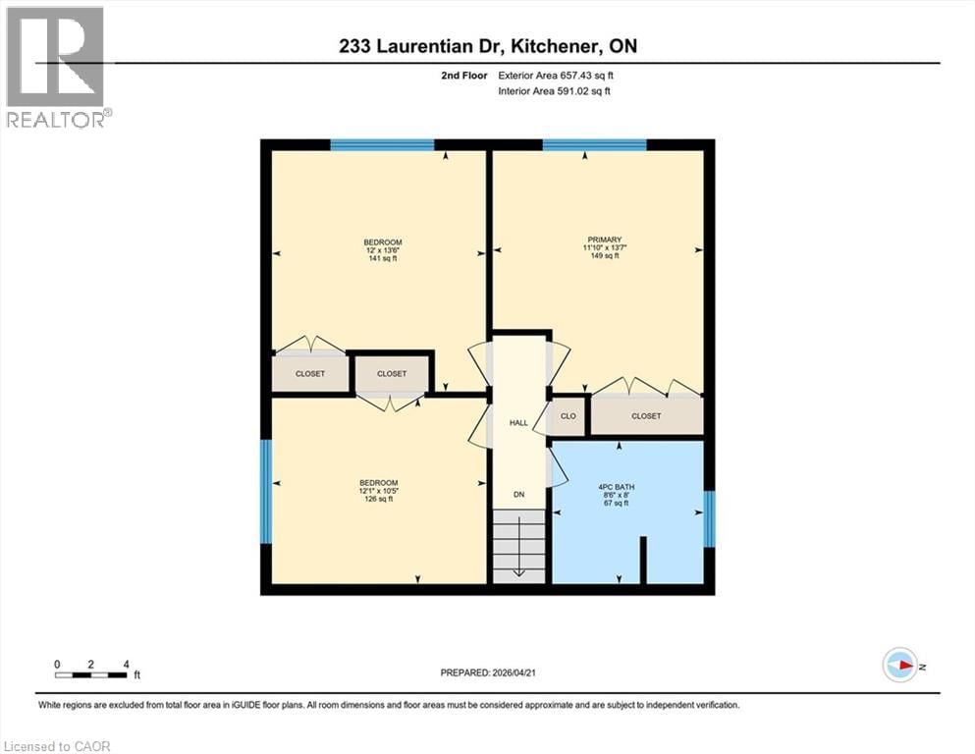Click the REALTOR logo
(x=56, y=67)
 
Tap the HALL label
(x=518, y=423)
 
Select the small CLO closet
(x=568, y=416)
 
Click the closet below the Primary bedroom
(x=646, y=416)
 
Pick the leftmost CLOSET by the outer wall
(x=310, y=373)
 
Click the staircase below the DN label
(x=517, y=546)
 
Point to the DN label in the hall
(x=519, y=495)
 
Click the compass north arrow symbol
(x=899, y=665)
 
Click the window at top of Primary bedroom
(x=594, y=145)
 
